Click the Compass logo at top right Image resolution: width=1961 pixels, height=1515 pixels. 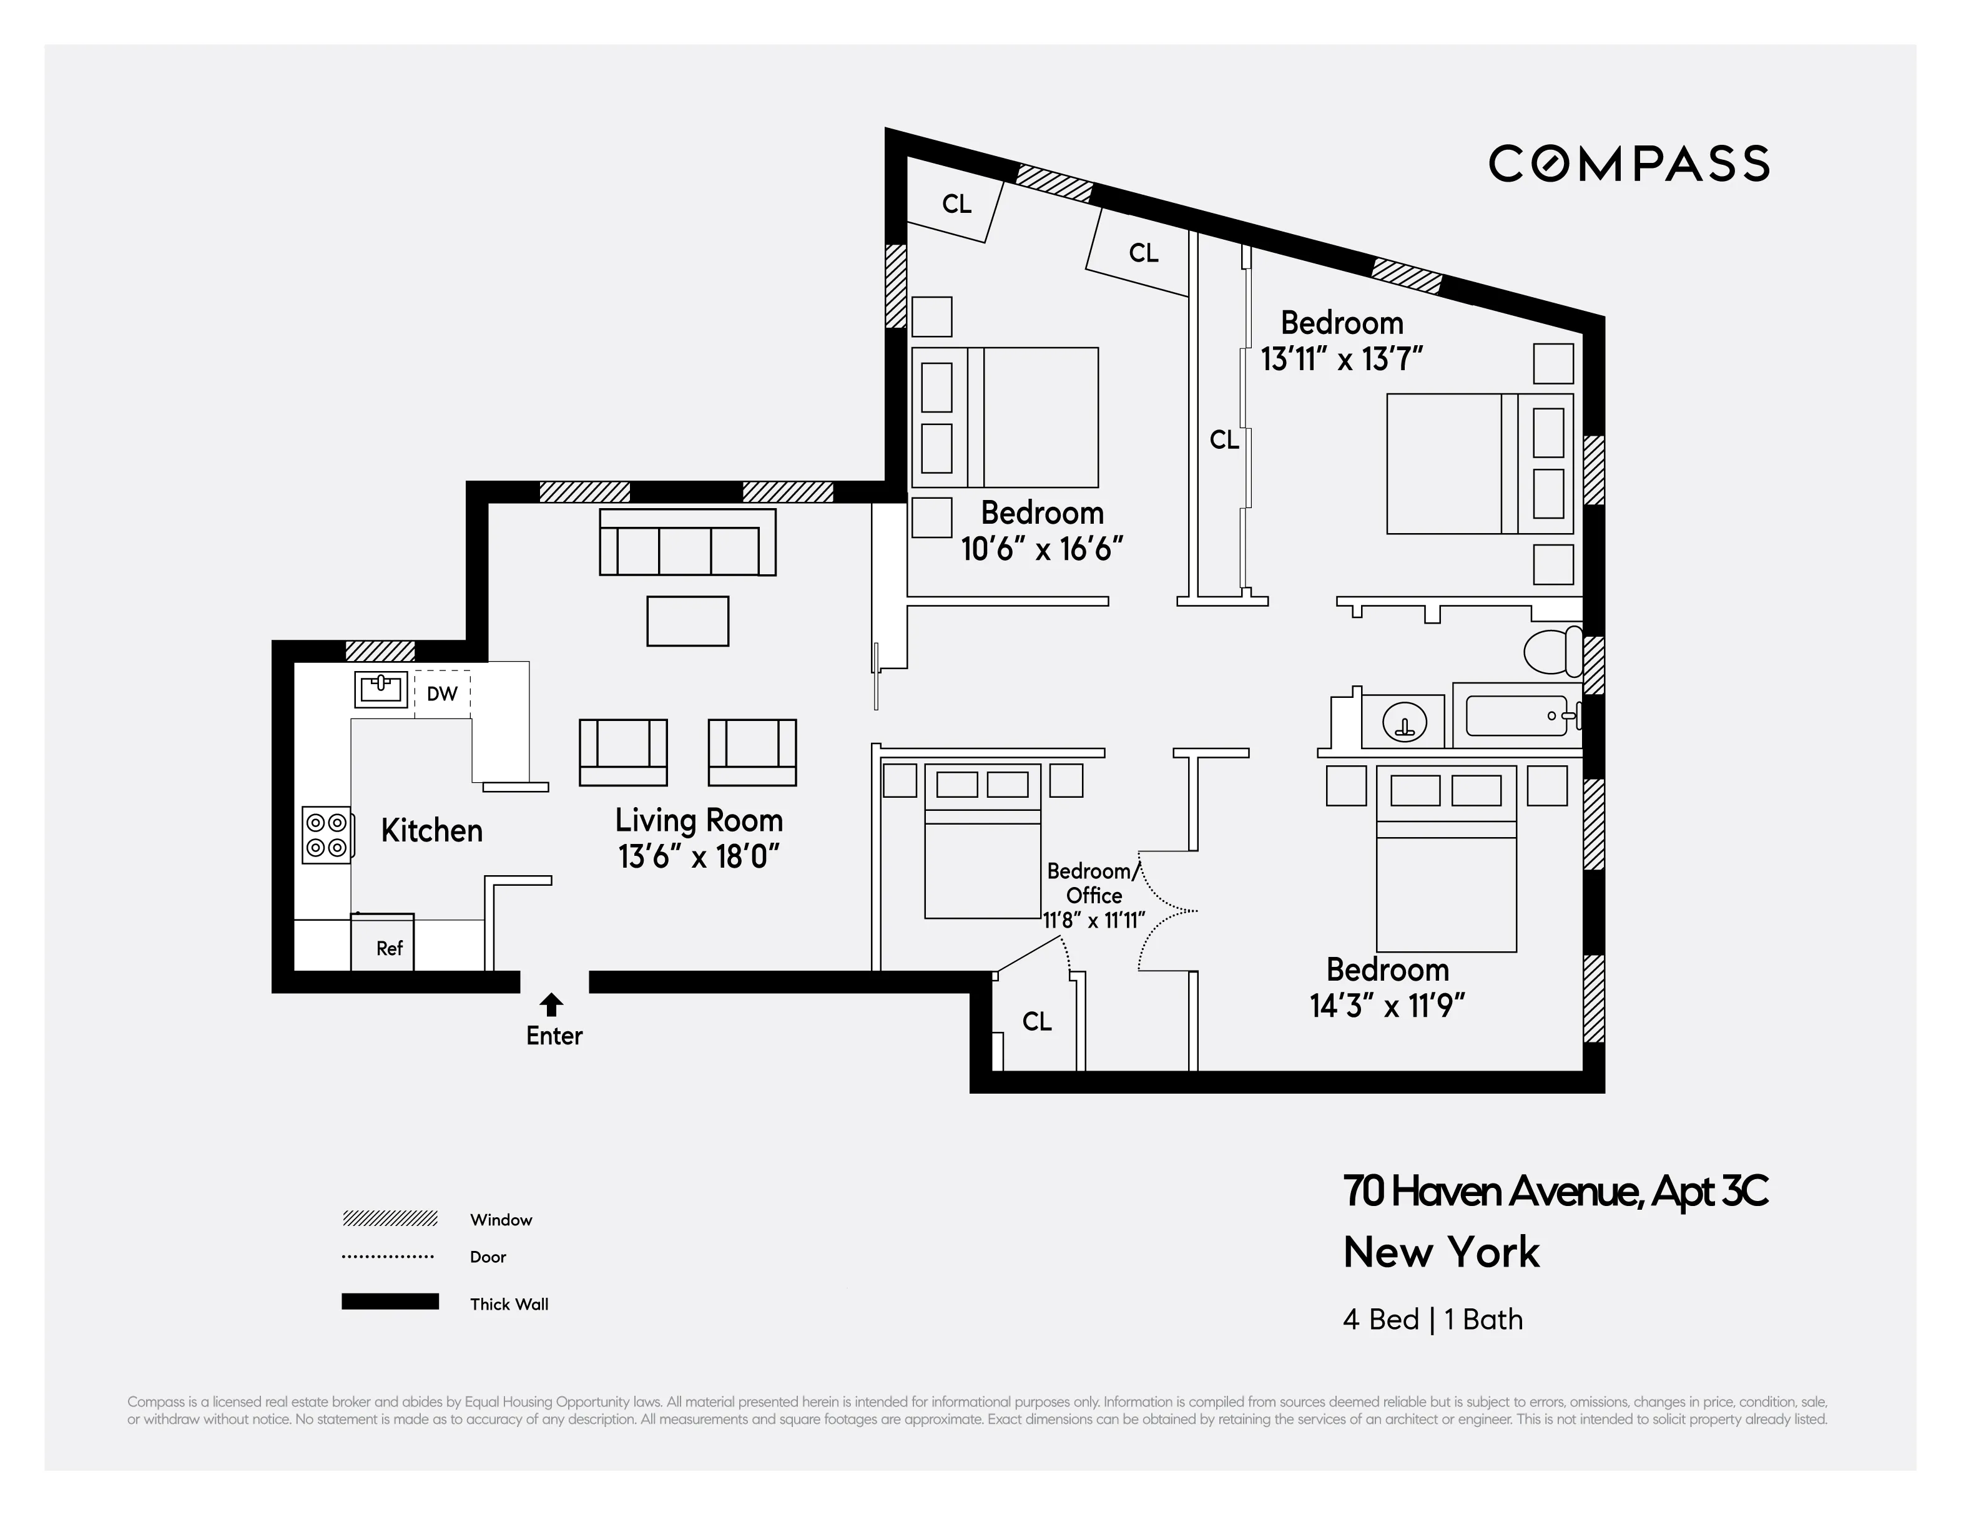pyautogui.click(x=1629, y=164)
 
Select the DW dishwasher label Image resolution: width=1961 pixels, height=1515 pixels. pyautogui.click(x=442, y=693)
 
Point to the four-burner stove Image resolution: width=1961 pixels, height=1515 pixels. pyautogui.click(x=326, y=835)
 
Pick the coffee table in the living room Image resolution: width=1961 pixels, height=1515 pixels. pyautogui.click(x=688, y=621)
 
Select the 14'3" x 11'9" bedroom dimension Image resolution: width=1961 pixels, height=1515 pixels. pyautogui.click(x=1387, y=1006)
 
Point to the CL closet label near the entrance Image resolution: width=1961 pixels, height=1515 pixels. pyautogui.click(x=1037, y=1021)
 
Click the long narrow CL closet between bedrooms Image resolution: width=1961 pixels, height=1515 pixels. pyautogui.click(x=1223, y=440)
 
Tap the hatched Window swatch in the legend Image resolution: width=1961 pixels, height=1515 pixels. pyautogui.click(x=390, y=1218)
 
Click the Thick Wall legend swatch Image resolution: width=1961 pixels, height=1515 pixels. pyautogui.click(x=390, y=1302)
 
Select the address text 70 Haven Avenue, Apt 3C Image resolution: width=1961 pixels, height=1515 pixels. pyautogui.click(x=1555, y=1191)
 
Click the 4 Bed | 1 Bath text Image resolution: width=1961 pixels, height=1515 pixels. pyautogui.click(x=1433, y=1320)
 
